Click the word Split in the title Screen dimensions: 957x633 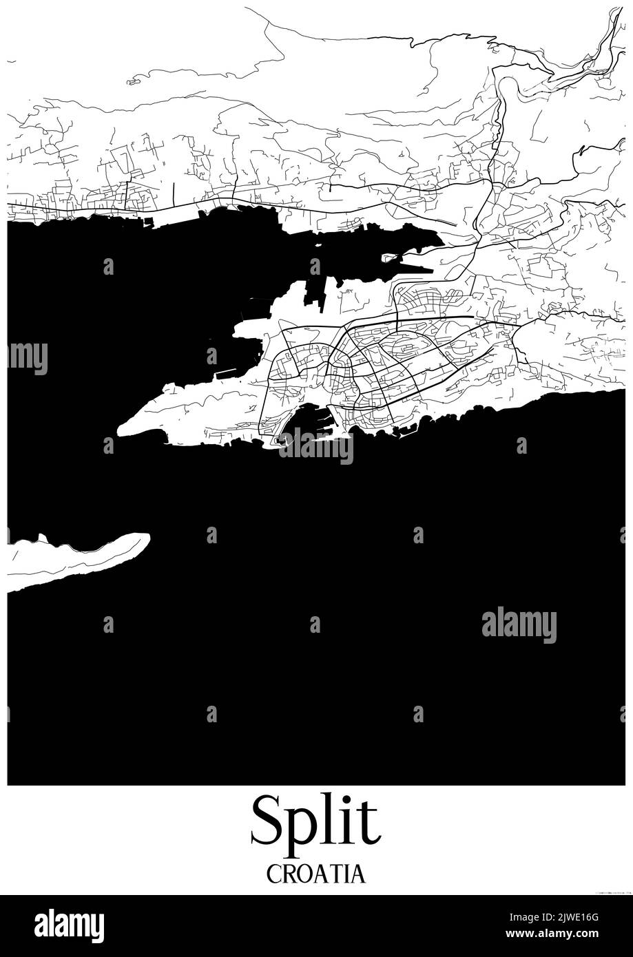[315, 822]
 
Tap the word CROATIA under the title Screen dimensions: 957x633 [315, 874]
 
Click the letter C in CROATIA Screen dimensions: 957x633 [273, 874]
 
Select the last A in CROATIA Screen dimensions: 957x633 [357, 874]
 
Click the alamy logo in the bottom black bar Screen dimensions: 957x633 [69, 926]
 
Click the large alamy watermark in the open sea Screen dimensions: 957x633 [519, 624]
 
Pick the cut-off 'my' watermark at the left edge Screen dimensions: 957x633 [28, 357]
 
